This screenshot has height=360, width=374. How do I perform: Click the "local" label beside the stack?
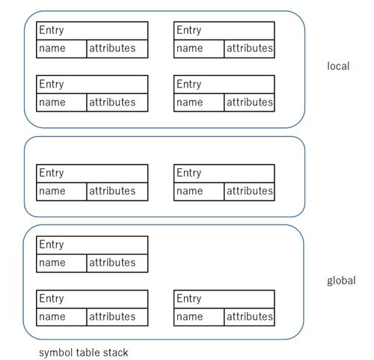click(x=338, y=66)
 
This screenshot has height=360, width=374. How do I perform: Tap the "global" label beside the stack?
click(x=341, y=281)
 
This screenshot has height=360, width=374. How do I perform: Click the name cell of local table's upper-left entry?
click(x=61, y=49)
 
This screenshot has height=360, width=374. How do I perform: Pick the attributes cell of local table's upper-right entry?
click(x=249, y=49)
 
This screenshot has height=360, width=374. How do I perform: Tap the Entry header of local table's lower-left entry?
click(x=92, y=85)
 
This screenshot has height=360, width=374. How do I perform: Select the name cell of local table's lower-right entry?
click(x=199, y=103)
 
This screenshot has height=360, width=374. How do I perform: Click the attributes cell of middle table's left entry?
click(x=117, y=192)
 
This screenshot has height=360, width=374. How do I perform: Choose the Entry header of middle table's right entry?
click(x=224, y=174)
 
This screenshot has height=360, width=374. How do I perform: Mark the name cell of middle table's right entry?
click(x=199, y=192)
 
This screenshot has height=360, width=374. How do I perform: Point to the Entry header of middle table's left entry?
click(x=92, y=174)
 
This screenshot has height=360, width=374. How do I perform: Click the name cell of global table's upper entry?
click(x=61, y=263)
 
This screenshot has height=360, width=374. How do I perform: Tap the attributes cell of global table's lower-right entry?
click(x=249, y=317)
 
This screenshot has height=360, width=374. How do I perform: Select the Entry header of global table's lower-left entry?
click(x=92, y=299)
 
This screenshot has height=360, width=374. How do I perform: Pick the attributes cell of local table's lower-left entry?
click(x=117, y=103)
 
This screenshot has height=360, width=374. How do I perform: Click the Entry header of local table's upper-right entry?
click(x=224, y=31)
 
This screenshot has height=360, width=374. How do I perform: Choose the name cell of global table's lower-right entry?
click(x=199, y=317)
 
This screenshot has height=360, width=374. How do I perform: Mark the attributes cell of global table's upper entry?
click(x=117, y=263)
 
